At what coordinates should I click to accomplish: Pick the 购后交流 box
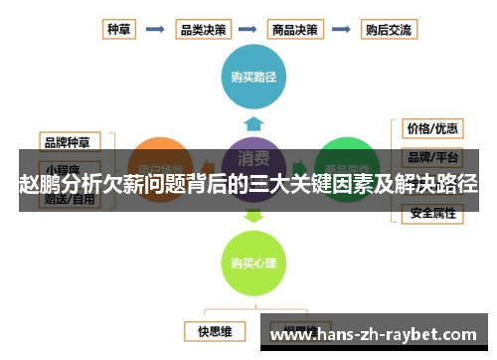tap(388, 29)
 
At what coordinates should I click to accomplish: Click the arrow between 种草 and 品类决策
tap(155, 29)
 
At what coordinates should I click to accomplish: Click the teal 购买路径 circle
tap(253, 76)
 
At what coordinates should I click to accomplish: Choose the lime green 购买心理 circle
tap(252, 263)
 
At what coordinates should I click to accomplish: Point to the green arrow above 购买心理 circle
tap(253, 214)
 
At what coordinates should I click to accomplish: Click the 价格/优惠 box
tap(432, 129)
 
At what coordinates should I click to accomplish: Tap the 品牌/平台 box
tap(432, 157)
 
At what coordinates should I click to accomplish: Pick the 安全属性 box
tap(432, 213)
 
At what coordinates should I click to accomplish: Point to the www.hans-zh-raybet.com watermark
tap(377, 335)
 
